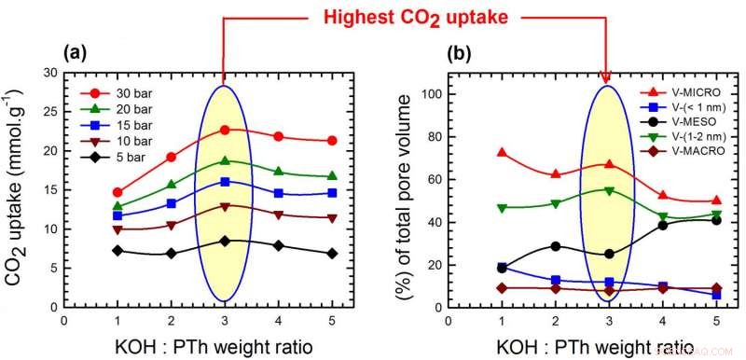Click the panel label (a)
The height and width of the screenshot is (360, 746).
pos(76,53)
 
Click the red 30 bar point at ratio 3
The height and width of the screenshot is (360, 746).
pos(224,130)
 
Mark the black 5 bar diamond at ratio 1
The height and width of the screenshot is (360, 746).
pos(117,250)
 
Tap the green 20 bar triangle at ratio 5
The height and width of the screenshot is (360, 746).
pos(331,176)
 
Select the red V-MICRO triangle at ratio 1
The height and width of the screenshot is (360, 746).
pos(502,152)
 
